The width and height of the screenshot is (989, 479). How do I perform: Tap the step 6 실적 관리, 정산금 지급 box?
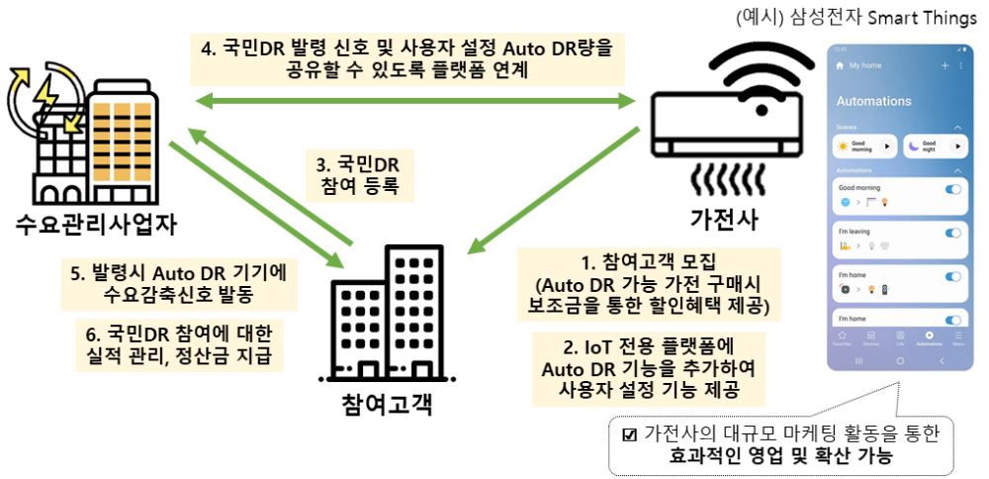pyautogui.click(x=179, y=342)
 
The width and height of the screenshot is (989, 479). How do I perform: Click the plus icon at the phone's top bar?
pyautogui.click(x=944, y=65)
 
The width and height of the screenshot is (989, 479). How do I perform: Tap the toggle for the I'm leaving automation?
pyautogui.click(x=954, y=234)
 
